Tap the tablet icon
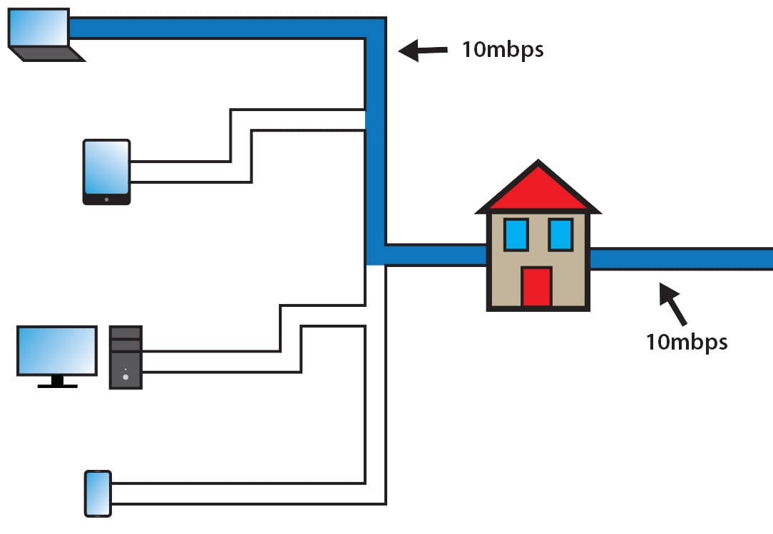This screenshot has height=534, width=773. [106, 172]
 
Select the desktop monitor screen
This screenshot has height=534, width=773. [57, 350]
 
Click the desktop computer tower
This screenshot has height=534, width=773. [126, 357]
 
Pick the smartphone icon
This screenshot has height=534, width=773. [98, 493]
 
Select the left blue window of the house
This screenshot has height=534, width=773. [516, 234]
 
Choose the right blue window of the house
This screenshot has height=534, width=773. [560, 234]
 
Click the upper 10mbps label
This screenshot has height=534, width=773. [503, 51]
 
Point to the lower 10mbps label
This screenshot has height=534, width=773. [687, 342]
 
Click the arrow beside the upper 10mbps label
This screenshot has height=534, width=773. [422, 51]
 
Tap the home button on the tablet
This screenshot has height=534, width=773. [106, 199]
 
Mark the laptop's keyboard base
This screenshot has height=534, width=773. [47, 54]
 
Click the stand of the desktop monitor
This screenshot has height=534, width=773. [57, 382]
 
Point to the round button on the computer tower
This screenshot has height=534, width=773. [126, 377]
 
